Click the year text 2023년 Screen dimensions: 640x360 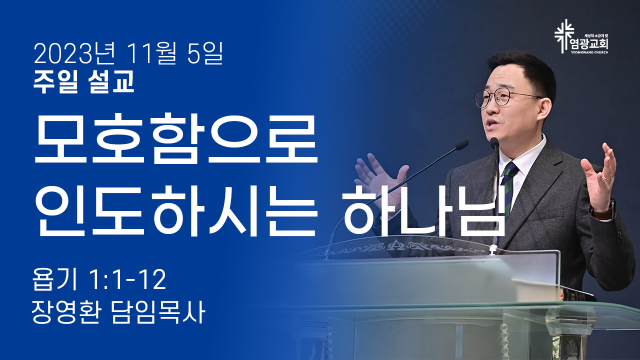[x=74, y=53]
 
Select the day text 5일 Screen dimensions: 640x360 [x=205, y=53]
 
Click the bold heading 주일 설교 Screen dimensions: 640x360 [x=83, y=81]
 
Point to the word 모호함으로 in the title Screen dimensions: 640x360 [x=175, y=138]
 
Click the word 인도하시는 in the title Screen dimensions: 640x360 [x=175, y=211]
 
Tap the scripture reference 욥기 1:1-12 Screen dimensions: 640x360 [x=99, y=280]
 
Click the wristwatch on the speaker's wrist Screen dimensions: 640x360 [x=603, y=210]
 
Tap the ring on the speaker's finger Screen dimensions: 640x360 [x=607, y=177]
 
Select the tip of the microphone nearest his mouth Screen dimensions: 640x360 [x=494, y=142]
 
